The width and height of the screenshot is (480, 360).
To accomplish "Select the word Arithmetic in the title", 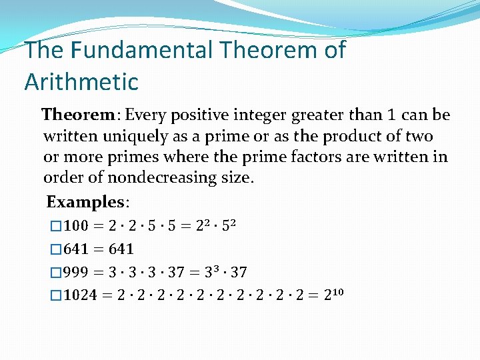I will click(x=81, y=82).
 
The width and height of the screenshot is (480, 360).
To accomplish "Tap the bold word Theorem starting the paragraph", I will click(x=79, y=115).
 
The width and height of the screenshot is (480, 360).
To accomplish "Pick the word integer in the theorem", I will click(x=261, y=115).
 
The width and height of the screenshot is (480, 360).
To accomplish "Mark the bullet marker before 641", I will click(x=56, y=249).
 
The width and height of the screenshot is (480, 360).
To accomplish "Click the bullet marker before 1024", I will click(x=56, y=295).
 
